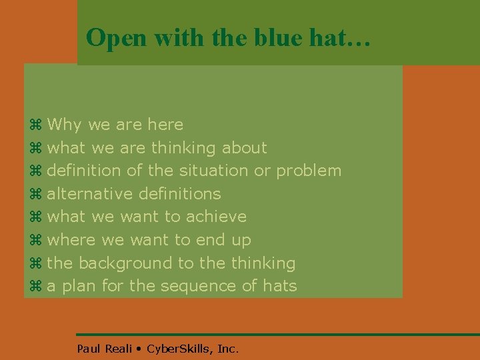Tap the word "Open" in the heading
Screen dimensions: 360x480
117,38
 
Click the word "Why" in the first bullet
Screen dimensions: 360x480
65,125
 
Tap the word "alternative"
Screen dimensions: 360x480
90,194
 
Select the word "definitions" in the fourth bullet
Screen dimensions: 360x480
179,194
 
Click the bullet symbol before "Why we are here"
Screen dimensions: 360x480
36,125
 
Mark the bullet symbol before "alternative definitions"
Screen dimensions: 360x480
36,194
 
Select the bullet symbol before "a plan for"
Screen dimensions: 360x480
36,287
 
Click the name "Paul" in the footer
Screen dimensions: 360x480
88,348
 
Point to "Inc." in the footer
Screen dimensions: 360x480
227,348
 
